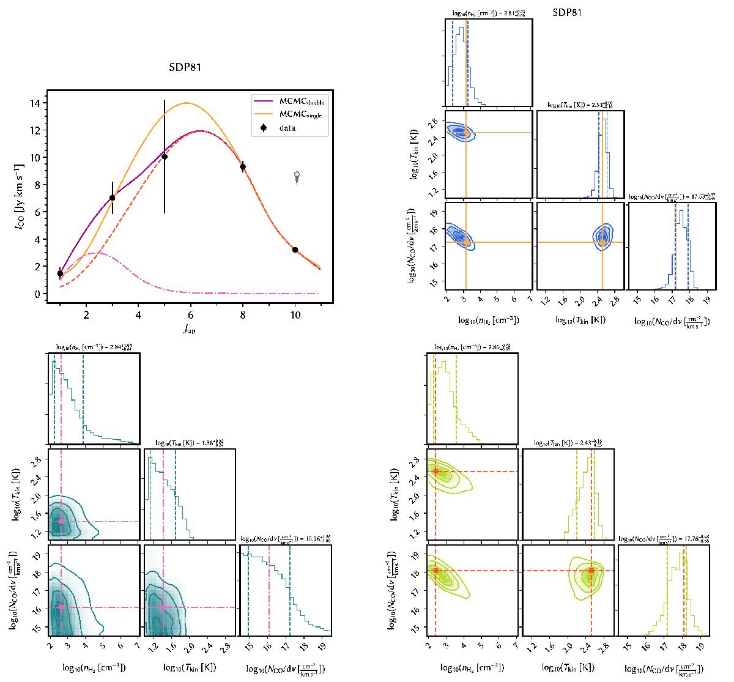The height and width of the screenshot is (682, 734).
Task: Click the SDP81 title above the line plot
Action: (x=185, y=68)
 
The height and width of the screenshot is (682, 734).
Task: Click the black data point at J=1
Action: (x=60, y=274)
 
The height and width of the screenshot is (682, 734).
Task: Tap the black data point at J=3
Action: (x=113, y=198)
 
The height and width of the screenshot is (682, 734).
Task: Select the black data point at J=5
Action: (x=165, y=157)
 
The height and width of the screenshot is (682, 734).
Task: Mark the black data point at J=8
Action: (x=243, y=166)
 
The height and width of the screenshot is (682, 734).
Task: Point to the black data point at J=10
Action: (x=295, y=250)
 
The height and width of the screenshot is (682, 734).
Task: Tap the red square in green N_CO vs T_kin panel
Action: (x=591, y=571)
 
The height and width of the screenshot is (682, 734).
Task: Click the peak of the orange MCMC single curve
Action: (x=186, y=103)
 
